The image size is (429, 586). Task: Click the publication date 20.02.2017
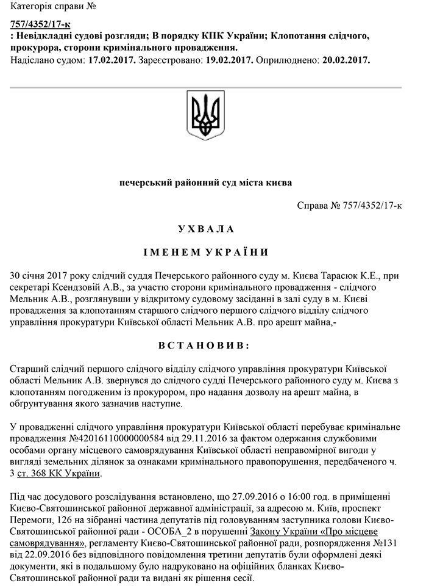[346, 61]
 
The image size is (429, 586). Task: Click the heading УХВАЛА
[205, 229]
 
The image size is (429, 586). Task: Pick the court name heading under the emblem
[205, 183]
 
